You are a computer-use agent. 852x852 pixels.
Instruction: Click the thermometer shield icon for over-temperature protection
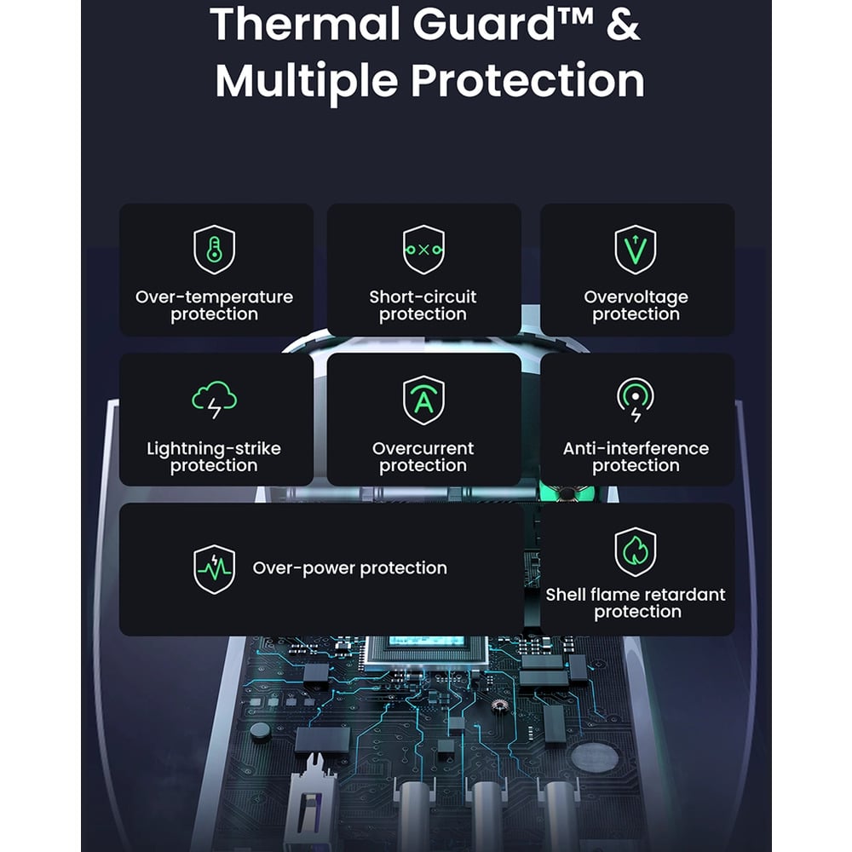pyautogui.click(x=215, y=250)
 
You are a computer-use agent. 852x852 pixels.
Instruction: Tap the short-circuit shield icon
pyautogui.click(x=423, y=250)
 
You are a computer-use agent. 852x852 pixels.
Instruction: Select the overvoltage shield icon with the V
pyautogui.click(x=636, y=250)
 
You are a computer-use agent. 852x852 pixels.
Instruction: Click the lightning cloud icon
pyautogui.click(x=215, y=400)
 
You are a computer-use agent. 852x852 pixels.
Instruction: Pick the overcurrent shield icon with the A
pyautogui.click(x=423, y=400)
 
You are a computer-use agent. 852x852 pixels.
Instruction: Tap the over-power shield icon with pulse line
pyautogui.click(x=215, y=569)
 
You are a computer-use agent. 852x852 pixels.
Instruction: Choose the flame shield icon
pyautogui.click(x=636, y=551)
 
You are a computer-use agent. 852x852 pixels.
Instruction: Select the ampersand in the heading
pyautogui.click(x=624, y=25)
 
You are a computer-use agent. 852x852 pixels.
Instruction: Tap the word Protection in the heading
pyautogui.click(x=527, y=80)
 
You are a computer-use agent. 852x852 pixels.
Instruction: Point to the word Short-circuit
pyautogui.click(x=423, y=296)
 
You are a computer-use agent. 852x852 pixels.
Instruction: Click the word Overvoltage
pyautogui.click(x=636, y=297)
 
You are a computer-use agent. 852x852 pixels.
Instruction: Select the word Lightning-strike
pyautogui.click(x=214, y=449)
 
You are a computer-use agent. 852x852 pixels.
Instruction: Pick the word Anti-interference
pyautogui.click(x=636, y=448)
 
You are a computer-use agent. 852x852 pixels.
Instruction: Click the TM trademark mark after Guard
pyautogui.click(x=576, y=15)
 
